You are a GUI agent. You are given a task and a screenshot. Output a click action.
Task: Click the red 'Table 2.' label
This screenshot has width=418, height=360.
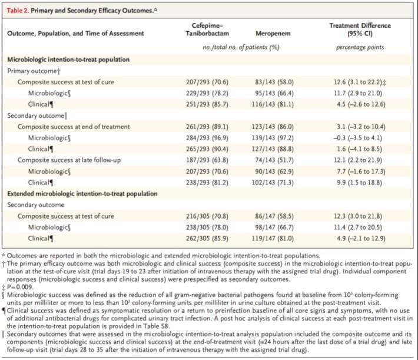point(18,11)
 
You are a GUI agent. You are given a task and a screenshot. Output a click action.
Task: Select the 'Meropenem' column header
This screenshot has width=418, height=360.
point(273,34)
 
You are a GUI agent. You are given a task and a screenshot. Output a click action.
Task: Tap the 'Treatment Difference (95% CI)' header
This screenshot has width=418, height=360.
point(360,29)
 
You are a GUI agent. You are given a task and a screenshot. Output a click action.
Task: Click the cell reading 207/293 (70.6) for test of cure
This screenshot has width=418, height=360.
point(207,82)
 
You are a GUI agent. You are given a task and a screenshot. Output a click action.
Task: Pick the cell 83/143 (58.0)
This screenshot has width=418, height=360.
point(274,82)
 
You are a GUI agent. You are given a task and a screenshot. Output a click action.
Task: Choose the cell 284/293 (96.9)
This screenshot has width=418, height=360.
point(207,138)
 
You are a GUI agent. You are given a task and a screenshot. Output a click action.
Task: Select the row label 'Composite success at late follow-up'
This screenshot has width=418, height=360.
point(69,160)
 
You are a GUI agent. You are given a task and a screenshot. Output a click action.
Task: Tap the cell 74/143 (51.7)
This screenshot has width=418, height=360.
point(274,160)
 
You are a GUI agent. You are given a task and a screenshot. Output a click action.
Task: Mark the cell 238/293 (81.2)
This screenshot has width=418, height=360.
point(207,183)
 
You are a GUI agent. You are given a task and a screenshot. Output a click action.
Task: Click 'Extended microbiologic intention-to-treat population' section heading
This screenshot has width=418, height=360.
point(82,194)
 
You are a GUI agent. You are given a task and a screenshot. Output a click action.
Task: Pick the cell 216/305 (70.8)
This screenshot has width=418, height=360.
point(207,216)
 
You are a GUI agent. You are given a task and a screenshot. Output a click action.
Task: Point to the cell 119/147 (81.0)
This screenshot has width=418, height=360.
point(273,238)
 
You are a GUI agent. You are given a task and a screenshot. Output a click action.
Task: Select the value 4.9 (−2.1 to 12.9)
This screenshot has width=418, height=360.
point(361,238)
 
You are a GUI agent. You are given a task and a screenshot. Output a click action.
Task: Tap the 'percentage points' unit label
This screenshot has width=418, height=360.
point(360,48)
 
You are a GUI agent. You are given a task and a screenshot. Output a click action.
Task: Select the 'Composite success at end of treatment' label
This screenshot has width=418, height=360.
point(74,127)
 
